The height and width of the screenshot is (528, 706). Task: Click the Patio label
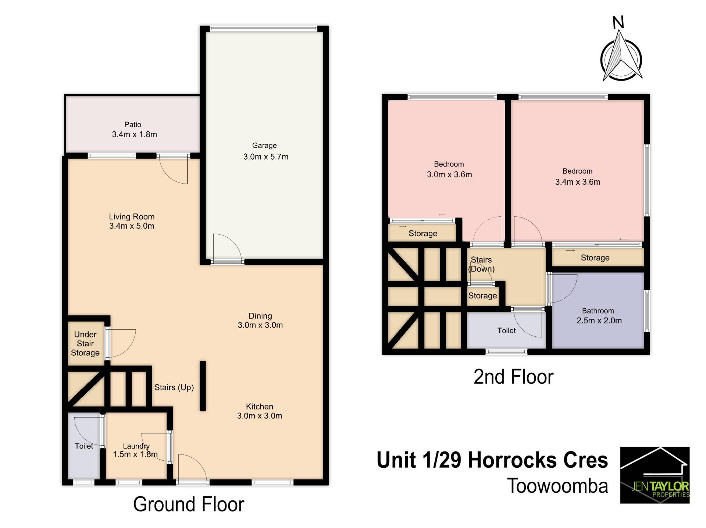click(x=133, y=125)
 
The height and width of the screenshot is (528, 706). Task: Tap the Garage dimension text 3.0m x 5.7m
click(x=266, y=157)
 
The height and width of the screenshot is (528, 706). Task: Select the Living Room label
click(x=132, y=217)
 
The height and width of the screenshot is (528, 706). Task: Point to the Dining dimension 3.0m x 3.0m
click(x=260, y=325)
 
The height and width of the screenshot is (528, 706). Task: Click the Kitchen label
click(x=260, y=407)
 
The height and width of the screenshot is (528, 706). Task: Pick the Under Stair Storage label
click(x=85, y=344)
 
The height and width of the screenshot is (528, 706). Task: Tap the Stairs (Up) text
click(x=174, y=387)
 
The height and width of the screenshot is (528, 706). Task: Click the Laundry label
click(x=136, y=446)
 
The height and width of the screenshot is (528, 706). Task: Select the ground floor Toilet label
click(x=84, y=446)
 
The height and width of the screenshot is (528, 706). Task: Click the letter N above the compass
click(x=618, y=23)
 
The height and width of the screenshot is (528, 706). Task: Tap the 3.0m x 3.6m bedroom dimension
click(x=449, y=175)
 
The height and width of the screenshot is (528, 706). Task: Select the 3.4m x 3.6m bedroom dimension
click(x=578, y=182)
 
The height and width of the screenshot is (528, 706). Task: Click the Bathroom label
click(x=598, y=311)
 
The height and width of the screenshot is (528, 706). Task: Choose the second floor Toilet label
click(x=507, y=330)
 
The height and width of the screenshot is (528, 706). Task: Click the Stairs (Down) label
click(x=482, y=264)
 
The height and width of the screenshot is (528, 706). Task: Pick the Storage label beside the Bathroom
click(x=595, y=258)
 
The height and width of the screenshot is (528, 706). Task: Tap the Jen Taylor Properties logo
click(x=655, y=475)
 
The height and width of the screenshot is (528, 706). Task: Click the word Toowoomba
click(x=557, y=486)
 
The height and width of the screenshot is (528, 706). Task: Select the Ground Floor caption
click(x=189, y=504)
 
